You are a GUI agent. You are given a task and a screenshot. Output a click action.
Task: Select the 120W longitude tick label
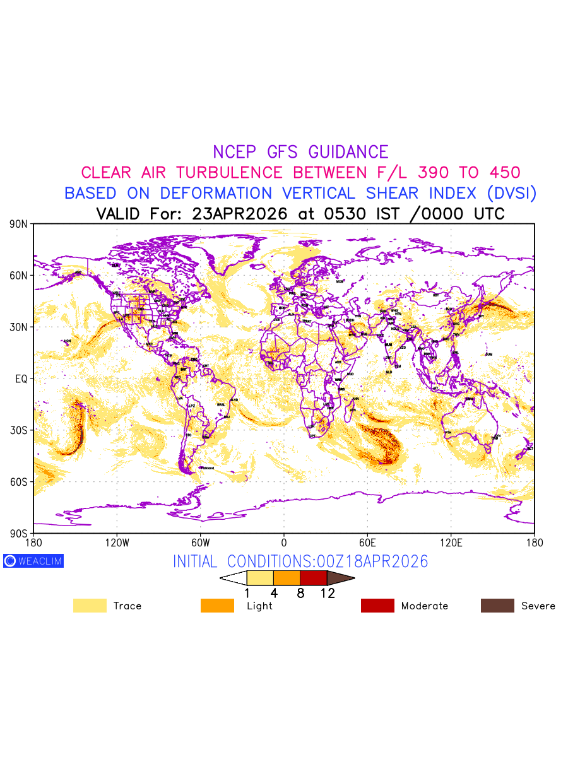pos(117,542)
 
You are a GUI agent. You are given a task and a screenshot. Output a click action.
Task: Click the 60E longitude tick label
pos(367,542)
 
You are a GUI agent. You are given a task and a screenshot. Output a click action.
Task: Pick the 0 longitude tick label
pos(284,542)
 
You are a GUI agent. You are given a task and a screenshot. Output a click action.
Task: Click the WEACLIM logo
pos(33,561)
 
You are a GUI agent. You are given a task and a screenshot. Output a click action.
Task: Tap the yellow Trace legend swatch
pos(90,606)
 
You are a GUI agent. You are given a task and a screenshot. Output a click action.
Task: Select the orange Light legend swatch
pos(217,606)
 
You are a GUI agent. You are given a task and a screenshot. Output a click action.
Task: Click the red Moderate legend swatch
pos(377,606)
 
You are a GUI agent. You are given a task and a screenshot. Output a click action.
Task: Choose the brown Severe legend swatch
pos(497,606)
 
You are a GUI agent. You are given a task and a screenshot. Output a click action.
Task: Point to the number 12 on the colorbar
pos(328,593)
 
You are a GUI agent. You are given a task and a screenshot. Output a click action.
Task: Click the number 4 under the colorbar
pos(274,593)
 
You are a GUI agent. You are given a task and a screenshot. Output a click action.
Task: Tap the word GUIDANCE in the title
pos(348,152)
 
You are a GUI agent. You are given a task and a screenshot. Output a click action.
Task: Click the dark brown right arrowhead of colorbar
pos(341,578)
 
